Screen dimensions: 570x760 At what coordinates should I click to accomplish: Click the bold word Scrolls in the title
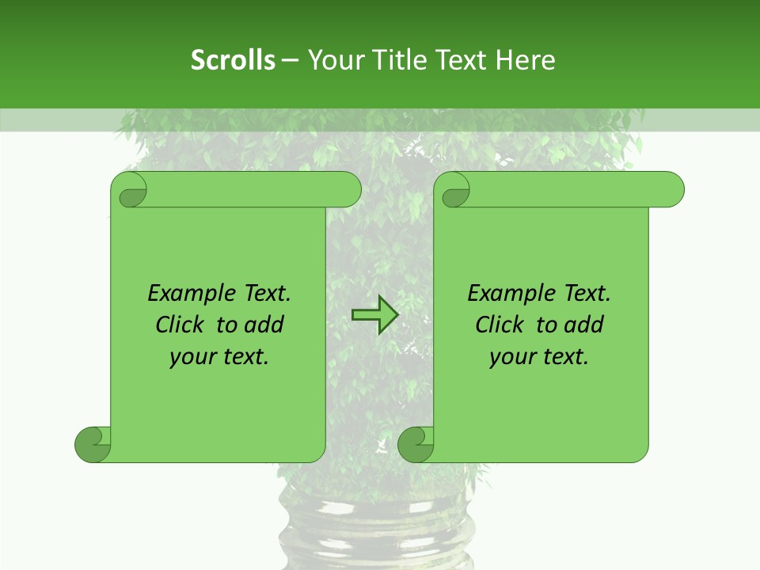pyautogui.click(x=233, y=60)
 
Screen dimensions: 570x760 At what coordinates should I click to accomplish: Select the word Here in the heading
pyautogui.click(x=525, y=60)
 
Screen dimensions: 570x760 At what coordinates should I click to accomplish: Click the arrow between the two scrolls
pyautogui.click(x=374, y=315)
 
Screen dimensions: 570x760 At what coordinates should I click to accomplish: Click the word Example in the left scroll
pyautogui.click(x=186, y=294)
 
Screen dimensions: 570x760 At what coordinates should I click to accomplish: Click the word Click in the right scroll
pyautogui.click(x=500, y=325)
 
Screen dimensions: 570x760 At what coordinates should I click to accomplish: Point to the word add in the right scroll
pyautogui.click(x=585, y=325)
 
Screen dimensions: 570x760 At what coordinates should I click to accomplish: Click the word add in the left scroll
pyautogui.click(x=265, y=325)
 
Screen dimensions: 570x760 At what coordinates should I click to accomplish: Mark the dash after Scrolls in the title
pyautogui.click(x=291, y=60)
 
